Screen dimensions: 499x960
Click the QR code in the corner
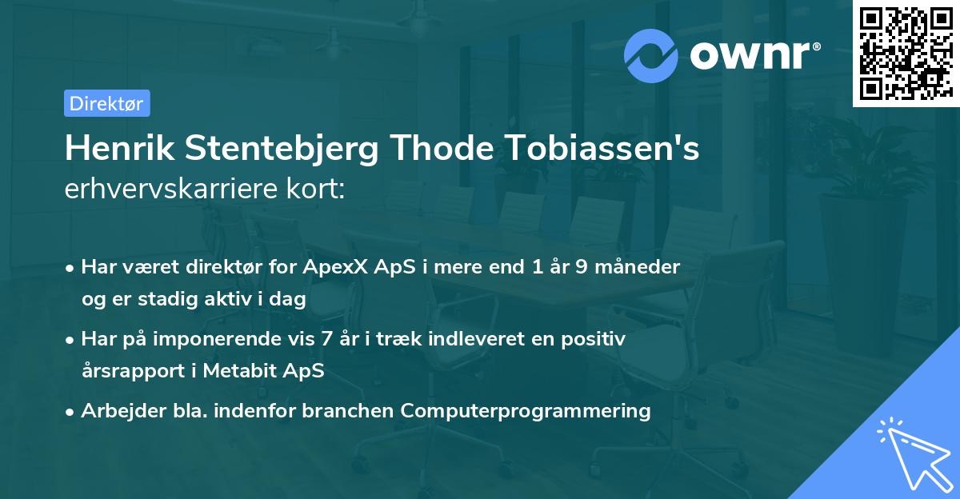pyautogui.click(x=905, y=54)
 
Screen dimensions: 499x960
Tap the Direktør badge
pyautogui.click(x=106, y=103)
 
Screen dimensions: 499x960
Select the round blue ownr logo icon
pyautogui.click(x=652, y=54)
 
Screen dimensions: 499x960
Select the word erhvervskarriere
pyautogui.click(x=159, y=189)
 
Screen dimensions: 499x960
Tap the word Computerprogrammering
pyautogui.click(x=526, y=411)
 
